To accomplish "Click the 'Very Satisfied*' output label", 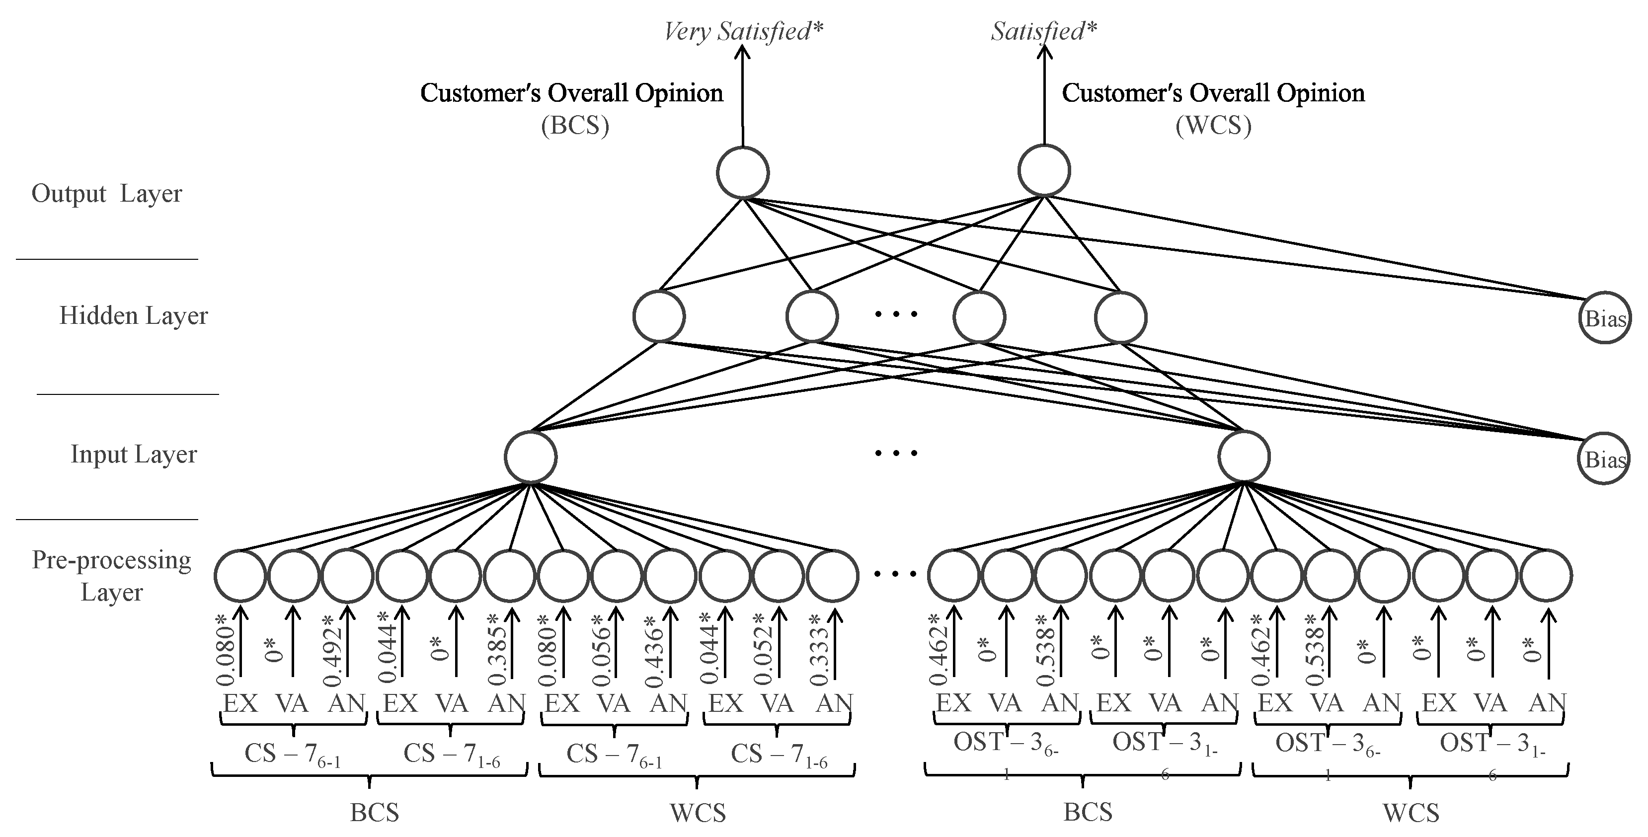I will tap(743, 31).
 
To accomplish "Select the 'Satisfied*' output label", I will tap(1043, 31).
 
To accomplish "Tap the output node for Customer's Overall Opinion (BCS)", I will tap(742, 173).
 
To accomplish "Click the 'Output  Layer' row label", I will tap(107, 193).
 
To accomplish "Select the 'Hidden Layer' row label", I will tap(133, 315).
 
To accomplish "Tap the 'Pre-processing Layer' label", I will tap(111, 576).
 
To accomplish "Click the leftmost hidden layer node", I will tap(659, 316).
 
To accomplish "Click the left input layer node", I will tap(530, 457).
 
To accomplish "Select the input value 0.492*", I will tap(333, 651).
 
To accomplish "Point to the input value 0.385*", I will tap(497, 651).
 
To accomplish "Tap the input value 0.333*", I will tap(819, 651).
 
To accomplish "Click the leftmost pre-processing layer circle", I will tap(240, 576).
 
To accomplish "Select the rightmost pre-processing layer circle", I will tap(1546, 576).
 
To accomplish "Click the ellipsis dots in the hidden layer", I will tap(896, 314).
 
